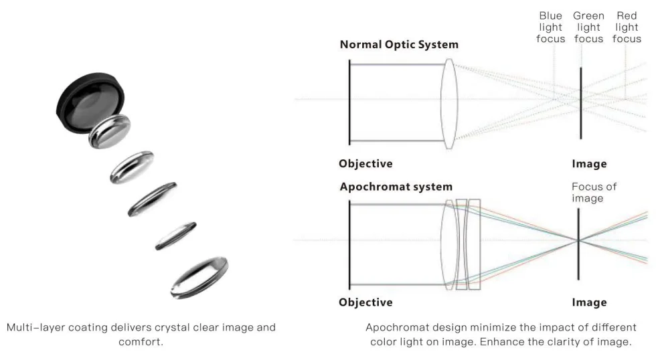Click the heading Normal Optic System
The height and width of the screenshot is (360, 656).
[x=399, y=44]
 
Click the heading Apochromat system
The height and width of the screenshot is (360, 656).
[x=396, y=187]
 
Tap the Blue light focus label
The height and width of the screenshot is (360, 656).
[x=550, y=27]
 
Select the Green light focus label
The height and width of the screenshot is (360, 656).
[x=588, y=27]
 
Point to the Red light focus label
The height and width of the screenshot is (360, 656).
[x=627, y=27]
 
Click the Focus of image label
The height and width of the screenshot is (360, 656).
[x=594, y=192]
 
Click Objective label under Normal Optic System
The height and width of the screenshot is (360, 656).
[x=365, y=163]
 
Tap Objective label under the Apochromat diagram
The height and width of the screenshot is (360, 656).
[x=365, y=302]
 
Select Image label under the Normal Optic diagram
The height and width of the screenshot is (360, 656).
[x=589, y=164]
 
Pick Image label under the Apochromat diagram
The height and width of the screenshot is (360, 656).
[x=589, y=302]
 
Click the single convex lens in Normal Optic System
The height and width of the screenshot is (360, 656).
[x=449, y=104]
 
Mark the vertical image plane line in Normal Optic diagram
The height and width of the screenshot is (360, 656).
[x=581, y=103]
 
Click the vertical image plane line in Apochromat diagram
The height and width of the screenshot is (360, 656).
[x=578, y=244]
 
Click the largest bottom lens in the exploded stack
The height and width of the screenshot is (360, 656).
[x=199, y=278]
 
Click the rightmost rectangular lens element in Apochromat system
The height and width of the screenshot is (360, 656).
[x=475, y=245]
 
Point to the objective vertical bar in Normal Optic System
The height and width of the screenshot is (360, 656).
[x=349, y=102]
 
